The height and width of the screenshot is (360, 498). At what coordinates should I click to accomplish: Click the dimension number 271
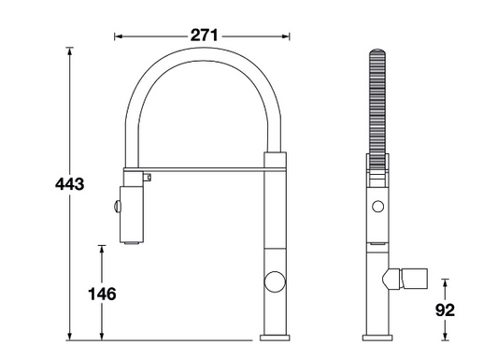(x=204, y=36)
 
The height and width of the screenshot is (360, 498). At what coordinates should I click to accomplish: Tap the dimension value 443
(x=69, y=184)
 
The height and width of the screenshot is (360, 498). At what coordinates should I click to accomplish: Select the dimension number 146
(x=102, y=294)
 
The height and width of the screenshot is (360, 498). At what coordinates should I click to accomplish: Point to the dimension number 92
(x=445, y=310)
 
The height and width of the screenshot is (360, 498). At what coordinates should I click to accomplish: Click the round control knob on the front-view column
(x=275, y=281)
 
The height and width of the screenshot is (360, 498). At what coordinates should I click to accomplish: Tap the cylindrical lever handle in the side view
(x=415, y=279)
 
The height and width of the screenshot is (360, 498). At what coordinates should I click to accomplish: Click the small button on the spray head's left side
(x=117, y=206)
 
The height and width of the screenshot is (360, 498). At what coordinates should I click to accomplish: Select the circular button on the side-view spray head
(x=378, y=207)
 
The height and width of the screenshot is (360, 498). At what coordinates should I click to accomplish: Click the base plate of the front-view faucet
(x=275, y=338)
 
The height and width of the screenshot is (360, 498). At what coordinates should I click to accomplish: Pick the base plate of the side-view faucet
(x=377, y=338)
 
